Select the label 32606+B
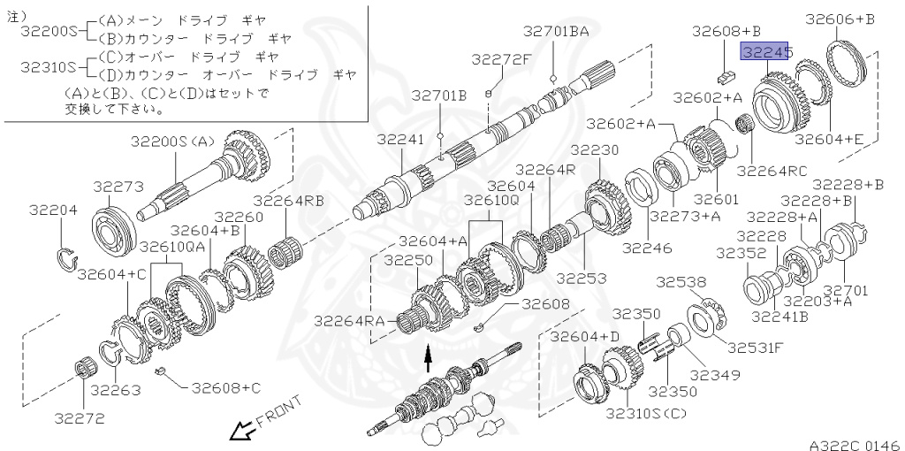840,19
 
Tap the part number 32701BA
555,31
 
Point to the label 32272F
501,60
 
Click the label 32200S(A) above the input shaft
173,141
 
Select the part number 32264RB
289,200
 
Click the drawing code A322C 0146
853,444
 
